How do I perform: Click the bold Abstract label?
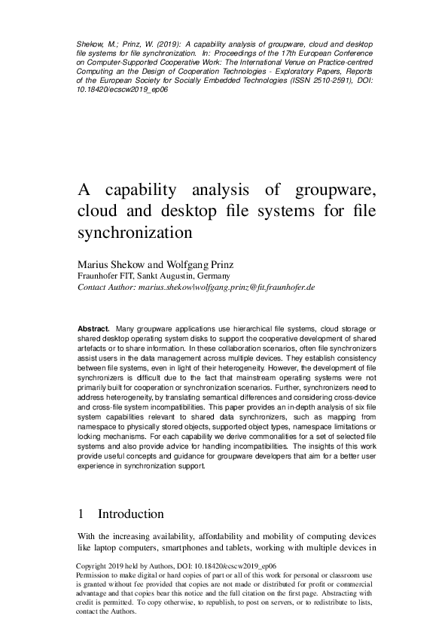[94, 329]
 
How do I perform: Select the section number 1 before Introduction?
[81, 514]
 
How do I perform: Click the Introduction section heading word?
[131, 514]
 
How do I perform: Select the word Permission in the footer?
[95, 575]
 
